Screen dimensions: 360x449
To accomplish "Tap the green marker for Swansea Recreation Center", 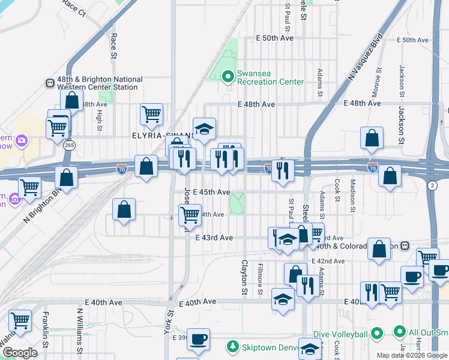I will pos(228,77).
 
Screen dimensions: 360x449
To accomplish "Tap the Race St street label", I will pos(113,46).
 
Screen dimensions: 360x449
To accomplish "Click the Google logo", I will pos(20,353).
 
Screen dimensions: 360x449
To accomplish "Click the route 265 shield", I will pos(68,145).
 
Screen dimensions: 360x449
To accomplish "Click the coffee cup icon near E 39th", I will pos(198,338).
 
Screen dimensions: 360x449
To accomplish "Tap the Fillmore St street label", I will pos(260,279).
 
